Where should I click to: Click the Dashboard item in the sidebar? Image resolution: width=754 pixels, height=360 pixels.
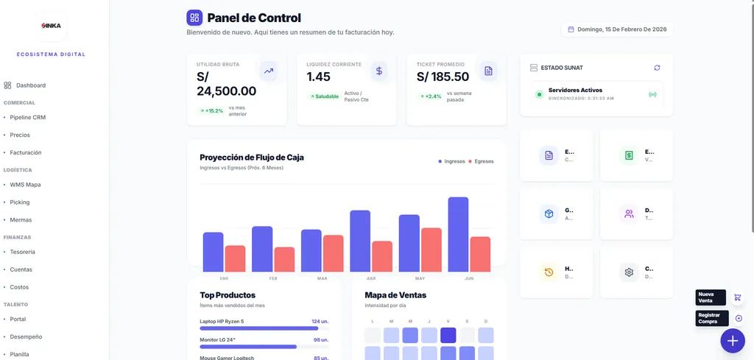pyautogui.click(x=30, y=85)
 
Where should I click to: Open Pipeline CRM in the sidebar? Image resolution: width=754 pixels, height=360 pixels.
pyautogui.click(x=27, y=117)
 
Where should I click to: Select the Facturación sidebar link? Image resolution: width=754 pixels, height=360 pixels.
pyautogui.click(x=25, y=152)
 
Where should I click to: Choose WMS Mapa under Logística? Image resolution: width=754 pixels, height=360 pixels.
pyautogui.click(x=25, y=185)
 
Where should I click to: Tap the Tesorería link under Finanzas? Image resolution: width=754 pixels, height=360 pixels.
pyautogui.click(x=22, y=252)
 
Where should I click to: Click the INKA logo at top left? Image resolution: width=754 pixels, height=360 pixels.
pyautogui.click(x=51, y=26)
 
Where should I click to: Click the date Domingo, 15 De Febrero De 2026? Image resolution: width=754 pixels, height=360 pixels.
pyautogui.click(x=617, y=29)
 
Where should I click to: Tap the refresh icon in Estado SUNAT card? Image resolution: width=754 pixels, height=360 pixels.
pyautogui.click(x=657, y=68)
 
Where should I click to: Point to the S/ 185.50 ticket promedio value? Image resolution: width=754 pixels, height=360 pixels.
pyautogui.click(x=443, y=77)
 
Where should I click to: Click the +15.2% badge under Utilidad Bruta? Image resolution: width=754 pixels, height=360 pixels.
pyautogui.click(x=211, y=111)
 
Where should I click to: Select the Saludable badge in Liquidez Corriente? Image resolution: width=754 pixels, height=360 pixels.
pyautogui.click(x=324, y=96)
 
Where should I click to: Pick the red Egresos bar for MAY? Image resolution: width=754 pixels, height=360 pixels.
pyautogui.click(x=431, y=250)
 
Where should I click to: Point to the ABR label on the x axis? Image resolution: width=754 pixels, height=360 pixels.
pyautogui.click(x=370, y=279)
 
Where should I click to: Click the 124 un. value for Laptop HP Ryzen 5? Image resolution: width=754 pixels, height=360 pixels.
pyautogui.click(x=320, y=322)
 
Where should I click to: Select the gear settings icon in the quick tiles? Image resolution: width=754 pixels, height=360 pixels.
pyautogui.click(x=629, y=272)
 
